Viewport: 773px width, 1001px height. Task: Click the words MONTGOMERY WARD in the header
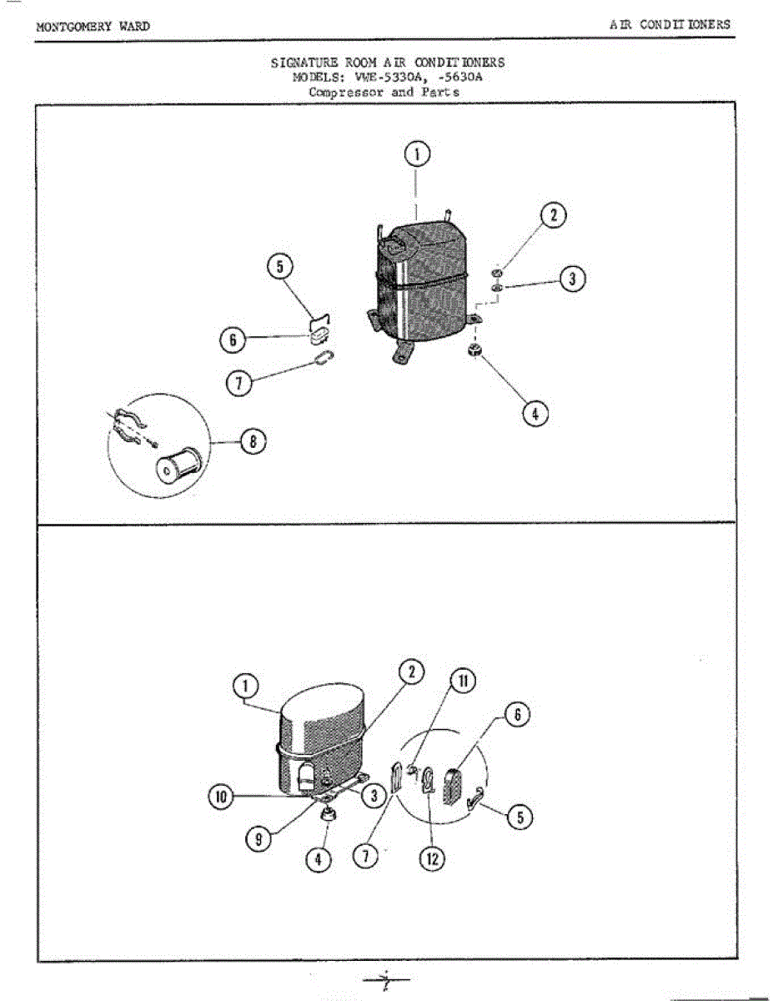[93, 26]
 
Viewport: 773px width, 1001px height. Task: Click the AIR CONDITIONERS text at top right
[670, 24]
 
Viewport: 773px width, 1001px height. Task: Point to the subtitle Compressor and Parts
[384, 92]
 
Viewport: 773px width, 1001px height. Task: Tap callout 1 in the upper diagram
[417, 154]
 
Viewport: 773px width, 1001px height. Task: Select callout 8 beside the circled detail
[251, 441]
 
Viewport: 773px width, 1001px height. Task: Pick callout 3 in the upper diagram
[571, 279]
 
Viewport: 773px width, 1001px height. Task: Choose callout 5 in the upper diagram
[279, 267]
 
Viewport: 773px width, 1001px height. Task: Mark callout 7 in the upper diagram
[239, 382]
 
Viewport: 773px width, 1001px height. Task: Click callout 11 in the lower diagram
[463, 681]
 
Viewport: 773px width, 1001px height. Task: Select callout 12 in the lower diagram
[433, 858]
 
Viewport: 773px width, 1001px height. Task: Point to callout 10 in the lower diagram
[220, 797]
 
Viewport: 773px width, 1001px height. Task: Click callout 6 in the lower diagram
[517, 714]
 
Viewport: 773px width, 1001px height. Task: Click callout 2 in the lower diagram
[411, 672]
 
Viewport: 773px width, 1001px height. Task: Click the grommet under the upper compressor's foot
[476, 349]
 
